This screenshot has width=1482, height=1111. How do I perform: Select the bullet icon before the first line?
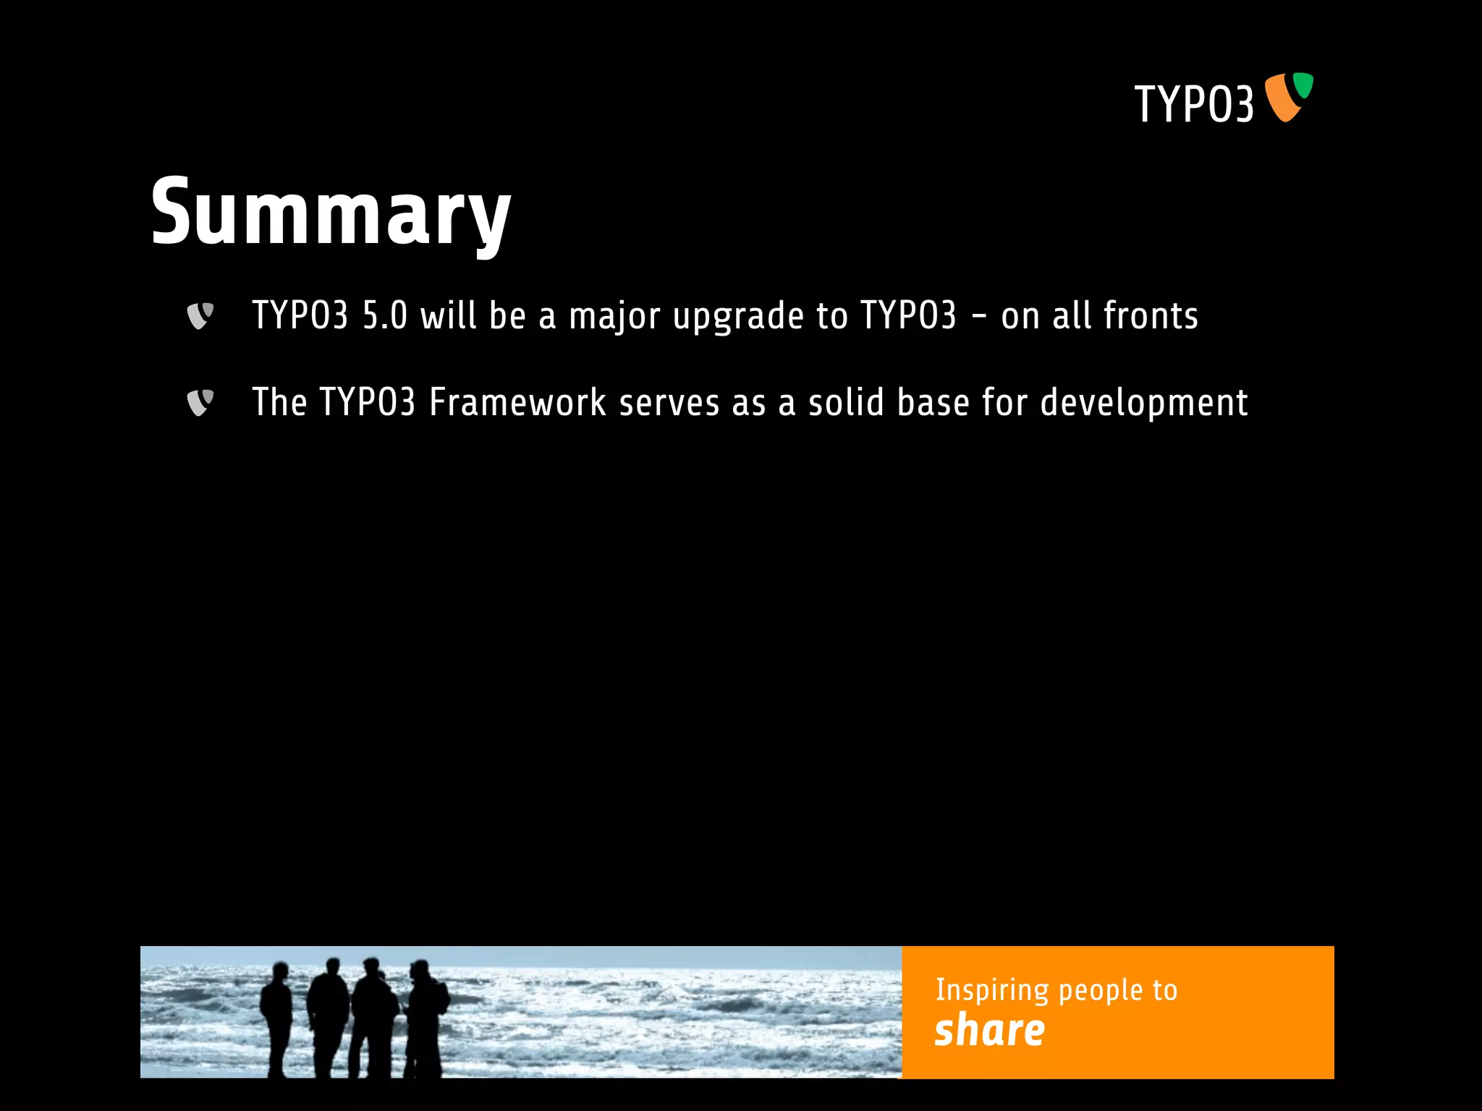pos(200,316)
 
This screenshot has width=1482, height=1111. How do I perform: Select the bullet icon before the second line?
pos(200,403)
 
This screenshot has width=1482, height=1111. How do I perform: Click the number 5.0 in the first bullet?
pos(384,316)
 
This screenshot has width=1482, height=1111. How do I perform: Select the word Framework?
pos(517,403)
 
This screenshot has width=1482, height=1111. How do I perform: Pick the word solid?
pos(846,403)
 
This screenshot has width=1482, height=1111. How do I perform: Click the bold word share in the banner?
pos(989,1031)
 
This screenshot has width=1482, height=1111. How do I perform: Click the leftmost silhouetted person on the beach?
pos(276,1016)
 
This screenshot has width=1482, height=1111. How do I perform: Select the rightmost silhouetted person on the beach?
pos(425,1016)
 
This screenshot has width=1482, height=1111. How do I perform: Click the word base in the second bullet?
pos(933,403)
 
